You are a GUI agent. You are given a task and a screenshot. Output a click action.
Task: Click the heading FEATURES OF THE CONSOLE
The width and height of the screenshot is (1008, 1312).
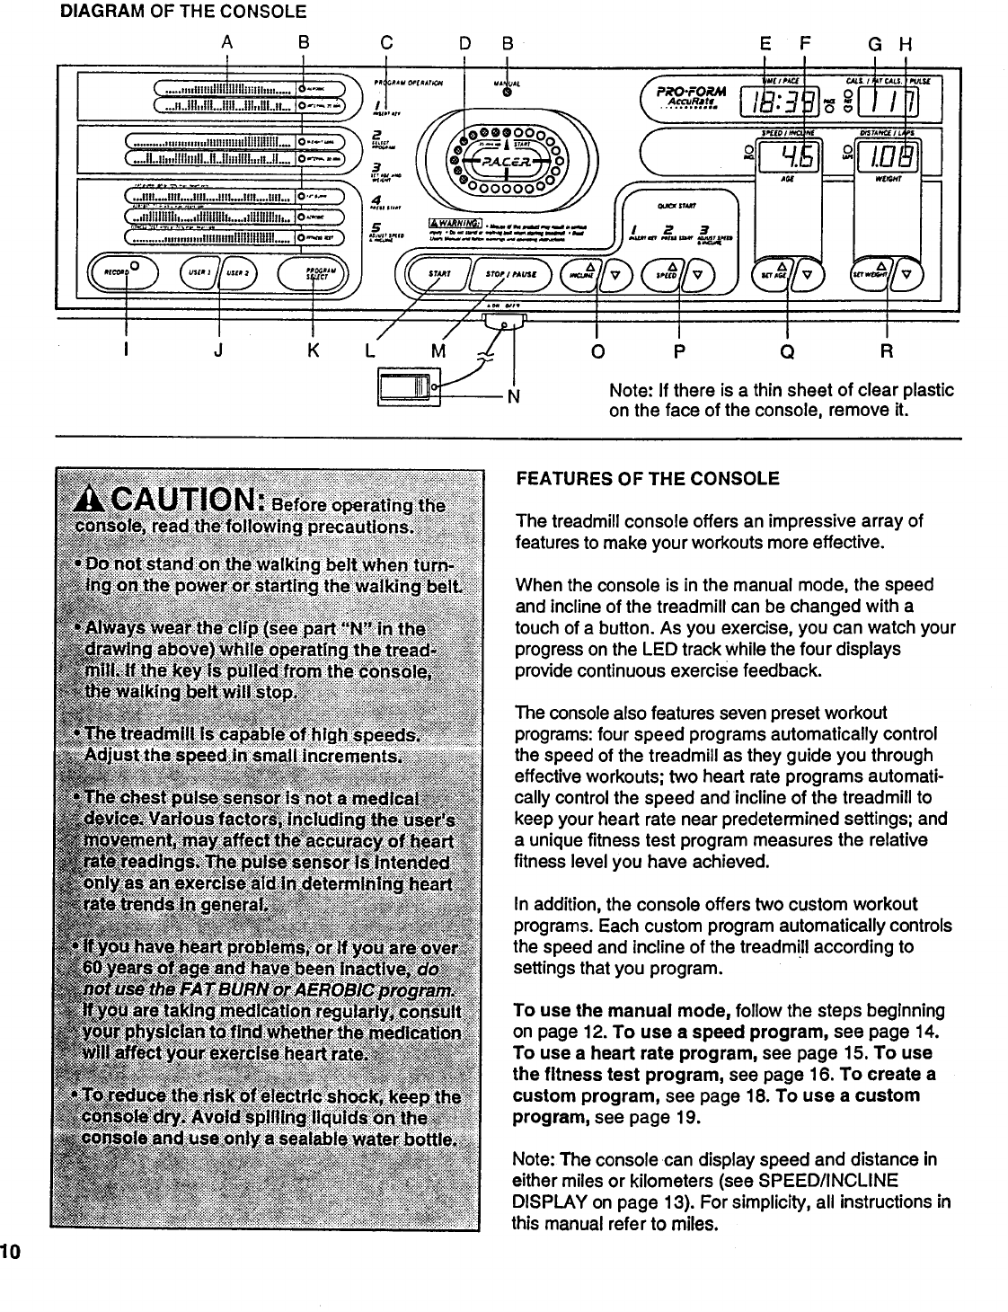click(647, 478)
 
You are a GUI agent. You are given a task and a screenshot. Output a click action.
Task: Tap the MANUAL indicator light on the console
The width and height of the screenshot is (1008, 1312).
click(507, 91)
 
